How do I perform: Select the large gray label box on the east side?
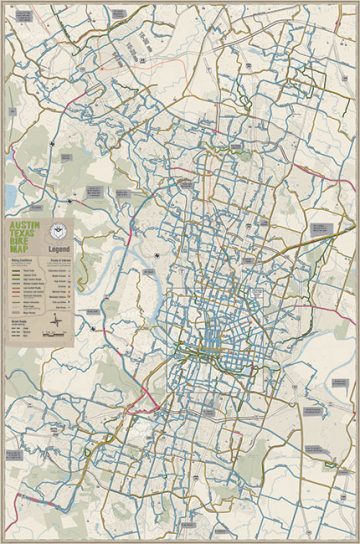pyautogui.click(x=321, y=229)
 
